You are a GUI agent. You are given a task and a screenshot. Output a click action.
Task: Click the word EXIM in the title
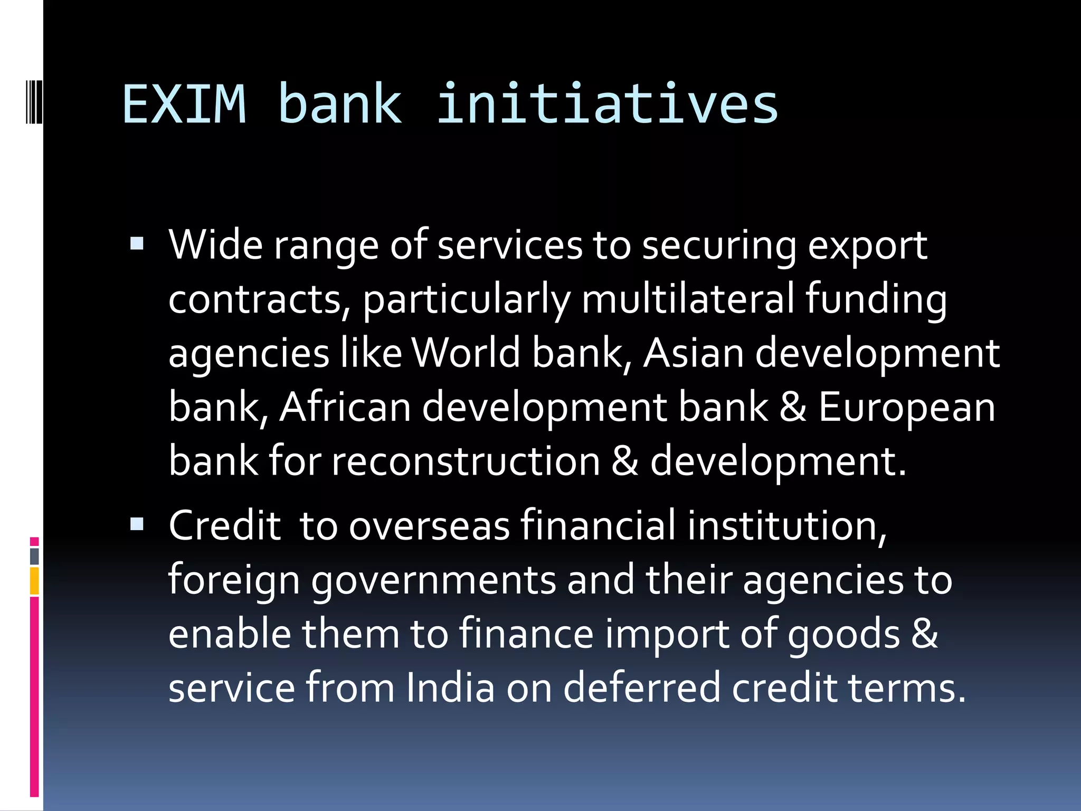pos(184,104)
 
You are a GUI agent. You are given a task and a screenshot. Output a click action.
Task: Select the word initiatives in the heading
pos(607,104)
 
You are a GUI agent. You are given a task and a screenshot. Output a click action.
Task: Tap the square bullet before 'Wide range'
pos(137,243)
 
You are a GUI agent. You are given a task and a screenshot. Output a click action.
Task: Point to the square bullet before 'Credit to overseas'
pos(137,524)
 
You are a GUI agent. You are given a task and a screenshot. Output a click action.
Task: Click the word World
pos(466,353)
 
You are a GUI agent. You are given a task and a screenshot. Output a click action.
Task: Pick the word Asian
pos(694,353)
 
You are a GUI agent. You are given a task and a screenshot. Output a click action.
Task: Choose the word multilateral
pos(688,299)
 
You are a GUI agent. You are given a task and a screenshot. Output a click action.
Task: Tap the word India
pos(450,687)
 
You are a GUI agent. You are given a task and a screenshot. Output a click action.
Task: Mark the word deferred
pos(641,687)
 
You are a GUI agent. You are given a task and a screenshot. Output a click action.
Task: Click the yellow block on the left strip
pos(34,581)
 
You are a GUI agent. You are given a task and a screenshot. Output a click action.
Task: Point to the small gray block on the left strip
pos(34,556)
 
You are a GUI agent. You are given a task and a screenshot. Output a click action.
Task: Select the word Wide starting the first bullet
pos(215,245)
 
